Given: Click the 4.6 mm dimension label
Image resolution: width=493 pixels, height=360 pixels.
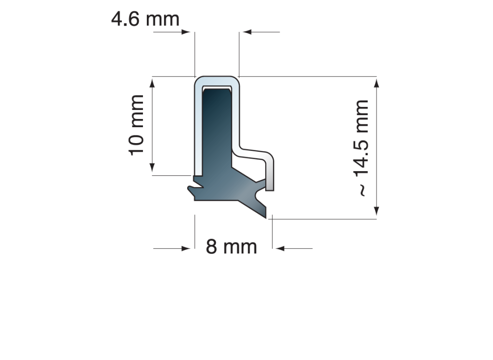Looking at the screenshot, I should pos(145,19).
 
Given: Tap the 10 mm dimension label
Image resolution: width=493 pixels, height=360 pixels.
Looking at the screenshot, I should pos(137,125).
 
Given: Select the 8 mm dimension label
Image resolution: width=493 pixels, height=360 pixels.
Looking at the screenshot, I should pos(232,247).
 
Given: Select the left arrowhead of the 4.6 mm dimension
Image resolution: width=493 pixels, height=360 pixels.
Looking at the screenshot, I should pos(186,32).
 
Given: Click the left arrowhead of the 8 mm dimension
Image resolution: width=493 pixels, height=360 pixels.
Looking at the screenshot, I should pos(186,248).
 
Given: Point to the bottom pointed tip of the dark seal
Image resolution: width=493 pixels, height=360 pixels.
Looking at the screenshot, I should pos(266,216).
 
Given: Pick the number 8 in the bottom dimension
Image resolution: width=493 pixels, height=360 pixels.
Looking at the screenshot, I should pos(211,247).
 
